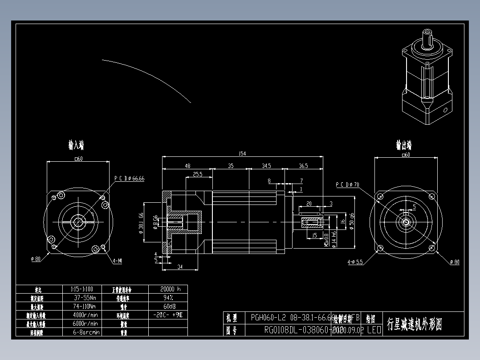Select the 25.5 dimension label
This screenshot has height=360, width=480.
point(198,175)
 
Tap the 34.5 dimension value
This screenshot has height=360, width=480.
point(266,166)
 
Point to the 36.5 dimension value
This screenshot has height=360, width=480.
point(303,166)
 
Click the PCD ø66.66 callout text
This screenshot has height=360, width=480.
point(129,178)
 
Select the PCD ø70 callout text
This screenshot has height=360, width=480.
point(347,184)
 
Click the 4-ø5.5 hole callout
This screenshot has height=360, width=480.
point(355,262)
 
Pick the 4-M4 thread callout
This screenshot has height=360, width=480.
point(117,261)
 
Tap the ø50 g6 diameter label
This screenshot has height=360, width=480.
point(351,221)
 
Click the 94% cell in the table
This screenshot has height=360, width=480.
point(168,298)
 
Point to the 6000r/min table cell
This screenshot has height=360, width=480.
point(85,323)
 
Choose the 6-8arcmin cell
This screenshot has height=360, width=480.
point(85,332)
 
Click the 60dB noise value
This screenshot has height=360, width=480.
point(168,307)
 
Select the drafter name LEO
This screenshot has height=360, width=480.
point(374,330)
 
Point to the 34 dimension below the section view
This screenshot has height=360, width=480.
point(180,267)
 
